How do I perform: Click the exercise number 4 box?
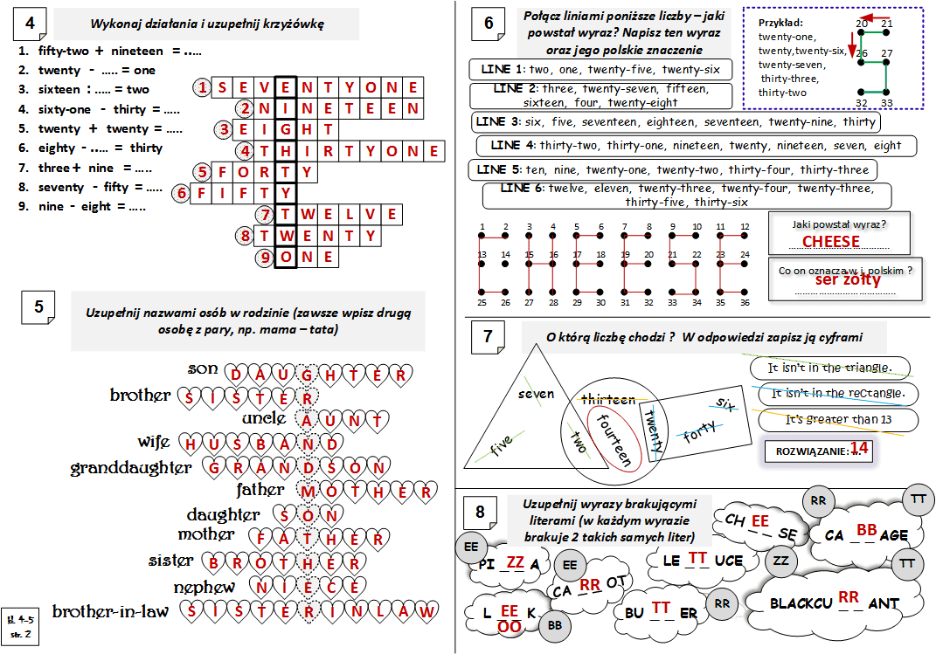pyautogui.click(x=31, y=25)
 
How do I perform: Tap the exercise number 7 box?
pyautogui.click(x=488, y=337)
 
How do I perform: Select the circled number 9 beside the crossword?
pyautogui.click(x=265, y=258)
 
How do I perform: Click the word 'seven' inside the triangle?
pyautogui.click(x=536, y=394)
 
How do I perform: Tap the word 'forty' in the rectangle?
pyautogui.click(x=699, y=433)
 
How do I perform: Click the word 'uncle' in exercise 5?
pyautogui.click(x=263, y=418)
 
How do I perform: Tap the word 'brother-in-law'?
pyautogui.click(x=110, y=610)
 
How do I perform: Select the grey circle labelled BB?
pyautogui.click(x=553, y=624)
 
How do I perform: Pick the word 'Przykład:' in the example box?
pyautogui.click(x=781, y=23)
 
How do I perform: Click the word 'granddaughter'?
pyautogui.click(x=131, y=468)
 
